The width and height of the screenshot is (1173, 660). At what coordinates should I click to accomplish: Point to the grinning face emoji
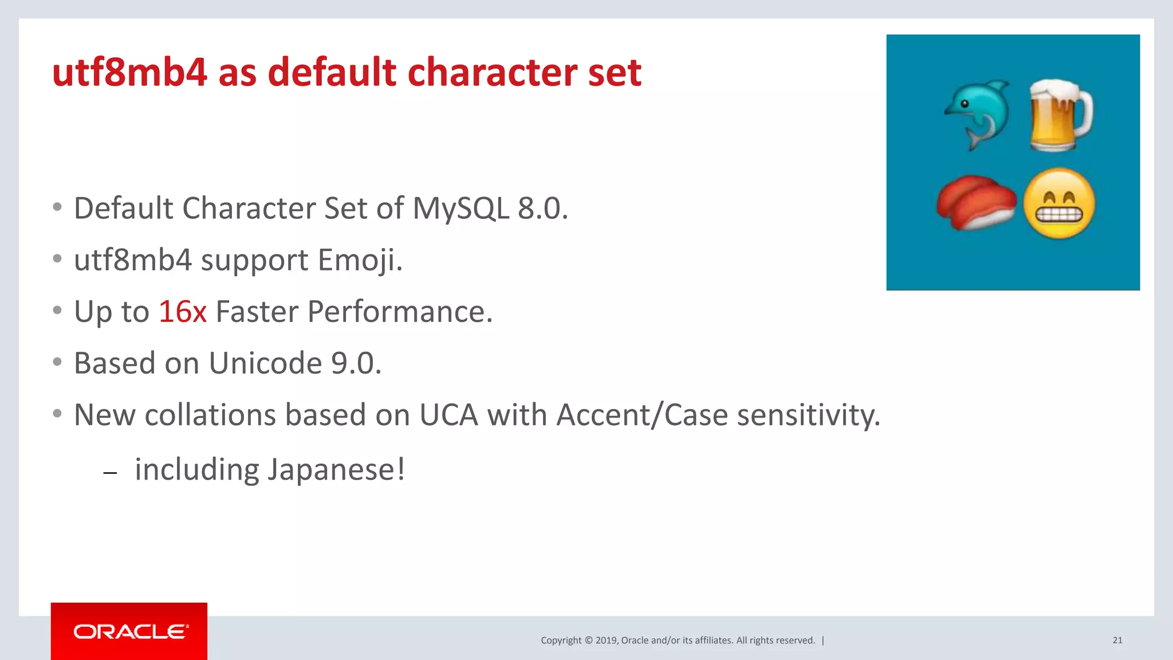(x=1059, y=204)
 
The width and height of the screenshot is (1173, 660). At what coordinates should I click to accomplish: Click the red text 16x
(x=182, y=312)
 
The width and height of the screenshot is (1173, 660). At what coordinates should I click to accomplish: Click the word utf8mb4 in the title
(x=129, y=73)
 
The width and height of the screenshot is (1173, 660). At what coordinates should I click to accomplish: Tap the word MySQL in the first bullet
(x=460, y=208)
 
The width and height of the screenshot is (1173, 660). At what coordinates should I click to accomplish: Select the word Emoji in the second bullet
(x=360, y=260)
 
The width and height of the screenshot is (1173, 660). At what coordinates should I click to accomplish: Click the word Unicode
(x=265, y=363)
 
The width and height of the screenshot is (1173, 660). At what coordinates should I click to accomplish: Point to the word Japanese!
(x=337, y=470)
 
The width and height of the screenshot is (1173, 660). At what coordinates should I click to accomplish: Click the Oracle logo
(x=129, y=631)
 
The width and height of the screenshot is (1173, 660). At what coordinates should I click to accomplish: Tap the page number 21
(x=1117, y=640)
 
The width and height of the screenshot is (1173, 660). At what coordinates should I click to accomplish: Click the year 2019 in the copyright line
(x=607, y=641)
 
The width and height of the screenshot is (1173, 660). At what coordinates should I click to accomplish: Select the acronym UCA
(x=448, y=415)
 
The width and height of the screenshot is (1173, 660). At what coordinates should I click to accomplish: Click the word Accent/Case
(x=642, y=415)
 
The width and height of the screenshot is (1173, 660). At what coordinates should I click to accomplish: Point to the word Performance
(x=400, y=312)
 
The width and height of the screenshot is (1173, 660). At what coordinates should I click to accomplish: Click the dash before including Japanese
(x=110, y=473)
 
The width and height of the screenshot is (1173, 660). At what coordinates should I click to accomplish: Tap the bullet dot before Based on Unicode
(x=57, y=362)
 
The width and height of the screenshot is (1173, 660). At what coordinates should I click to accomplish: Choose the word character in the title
(x=492, y=73)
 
